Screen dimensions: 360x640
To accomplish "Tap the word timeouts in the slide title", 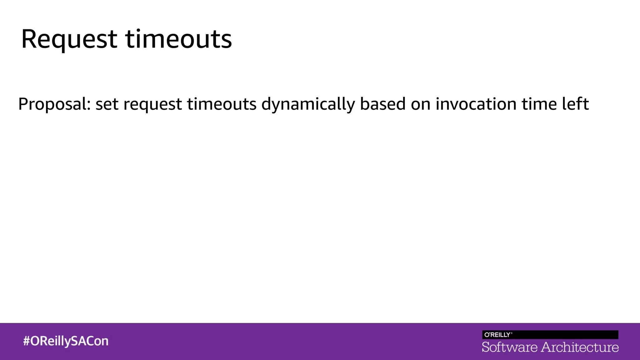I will (x=178, y=39).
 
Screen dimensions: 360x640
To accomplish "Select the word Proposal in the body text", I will (x=52, y=104).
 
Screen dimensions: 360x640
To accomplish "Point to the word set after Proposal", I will (x=107, y=104).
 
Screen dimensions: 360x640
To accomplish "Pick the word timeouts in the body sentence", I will (x=222, y=104).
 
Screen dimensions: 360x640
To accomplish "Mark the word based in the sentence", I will (x=383, y=104).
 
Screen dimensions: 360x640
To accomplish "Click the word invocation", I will (x=476, y=104).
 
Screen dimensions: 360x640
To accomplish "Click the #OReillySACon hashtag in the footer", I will (x=66, y=341).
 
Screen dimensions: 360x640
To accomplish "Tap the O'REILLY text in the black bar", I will (x=497, y=335).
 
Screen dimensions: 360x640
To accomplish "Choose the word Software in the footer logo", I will (x=510, y=347).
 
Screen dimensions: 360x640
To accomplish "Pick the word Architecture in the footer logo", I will (x=580, y=347).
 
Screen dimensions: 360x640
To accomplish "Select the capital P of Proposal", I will (x=23, y=104).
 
